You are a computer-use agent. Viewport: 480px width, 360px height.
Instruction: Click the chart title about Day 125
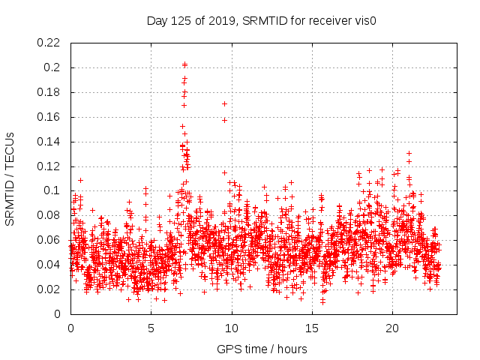coord(260,21)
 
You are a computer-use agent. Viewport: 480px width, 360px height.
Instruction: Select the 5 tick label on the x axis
coord(151,328)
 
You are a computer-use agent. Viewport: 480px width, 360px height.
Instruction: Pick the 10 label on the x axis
coord(232,328)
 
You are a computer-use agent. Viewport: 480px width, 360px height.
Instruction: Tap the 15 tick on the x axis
coord(312,328)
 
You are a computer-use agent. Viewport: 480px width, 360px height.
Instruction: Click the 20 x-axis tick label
coord(392,328)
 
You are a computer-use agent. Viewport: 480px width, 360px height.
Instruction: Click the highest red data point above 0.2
coord(184,64)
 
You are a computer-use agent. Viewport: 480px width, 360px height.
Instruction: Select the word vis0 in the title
coord(364,21)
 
